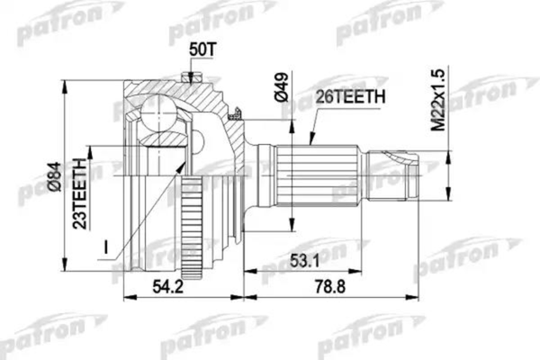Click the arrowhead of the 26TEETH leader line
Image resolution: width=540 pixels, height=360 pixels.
pos(310,143)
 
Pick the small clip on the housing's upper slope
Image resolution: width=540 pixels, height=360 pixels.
pos(236,114)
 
